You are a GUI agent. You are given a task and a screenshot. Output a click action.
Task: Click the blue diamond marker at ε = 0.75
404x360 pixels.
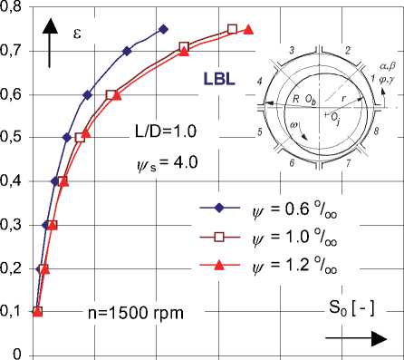tap(163, 29)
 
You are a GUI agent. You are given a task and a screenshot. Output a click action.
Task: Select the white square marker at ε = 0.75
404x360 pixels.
tap(232, 29)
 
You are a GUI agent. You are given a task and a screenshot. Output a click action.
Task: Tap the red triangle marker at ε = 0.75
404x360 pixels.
tap(248, 29)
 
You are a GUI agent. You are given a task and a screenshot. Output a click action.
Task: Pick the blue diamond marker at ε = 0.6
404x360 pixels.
tap(87, 95)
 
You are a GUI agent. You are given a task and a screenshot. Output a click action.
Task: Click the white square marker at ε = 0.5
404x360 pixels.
tap(80, 138)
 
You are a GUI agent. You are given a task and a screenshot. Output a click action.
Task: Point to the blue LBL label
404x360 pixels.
tap(219, 79)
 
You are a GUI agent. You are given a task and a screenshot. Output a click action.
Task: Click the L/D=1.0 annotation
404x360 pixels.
tap(166, 131)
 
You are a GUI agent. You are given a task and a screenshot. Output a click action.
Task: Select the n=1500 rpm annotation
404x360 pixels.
tap(136, 313)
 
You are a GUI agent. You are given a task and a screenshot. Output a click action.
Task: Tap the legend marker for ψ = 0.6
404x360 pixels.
tap(219, 208)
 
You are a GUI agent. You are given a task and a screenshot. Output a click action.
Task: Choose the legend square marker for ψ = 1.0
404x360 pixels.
tap(219, 237)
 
